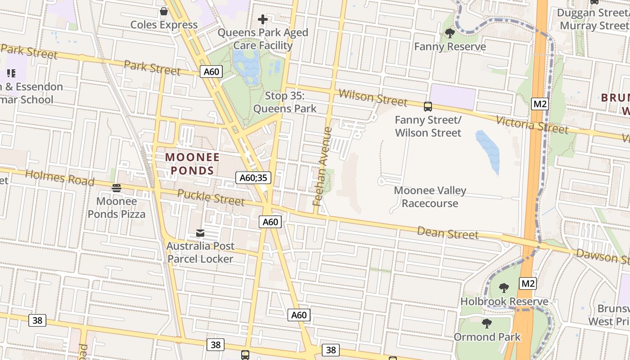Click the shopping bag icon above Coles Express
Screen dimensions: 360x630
pos(164,11)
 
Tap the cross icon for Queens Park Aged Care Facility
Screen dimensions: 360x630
pos(263,19)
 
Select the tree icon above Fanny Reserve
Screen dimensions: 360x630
pos(450,33)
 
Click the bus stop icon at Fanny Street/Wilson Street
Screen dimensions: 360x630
pos(427,107)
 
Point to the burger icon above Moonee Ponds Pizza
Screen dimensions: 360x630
pos(117,188)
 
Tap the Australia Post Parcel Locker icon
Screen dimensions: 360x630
pos(200,233)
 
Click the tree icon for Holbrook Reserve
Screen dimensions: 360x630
pos(504,288)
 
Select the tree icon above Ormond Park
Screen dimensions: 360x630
pos(486,323)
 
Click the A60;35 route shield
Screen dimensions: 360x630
pos(253,178)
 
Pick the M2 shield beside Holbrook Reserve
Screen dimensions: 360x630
pos(528,283)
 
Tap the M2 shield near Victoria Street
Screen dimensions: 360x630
pos(540,104)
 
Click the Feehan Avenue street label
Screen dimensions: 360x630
pos(323,166)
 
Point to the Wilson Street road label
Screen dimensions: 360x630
pos(373,98)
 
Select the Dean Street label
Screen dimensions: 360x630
pos(447,233)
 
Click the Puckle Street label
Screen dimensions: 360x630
pos(211,197)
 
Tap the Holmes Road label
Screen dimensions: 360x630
pos(59,178)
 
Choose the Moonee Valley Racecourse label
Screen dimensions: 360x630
pos(430,197)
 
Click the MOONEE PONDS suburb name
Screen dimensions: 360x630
pos(192,164)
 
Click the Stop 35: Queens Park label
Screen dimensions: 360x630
pos(285,102)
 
